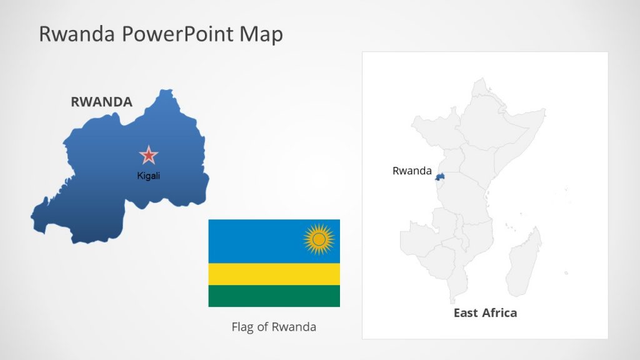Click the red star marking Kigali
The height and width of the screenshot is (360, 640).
(149, 155)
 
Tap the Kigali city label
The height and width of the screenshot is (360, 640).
(149, 176)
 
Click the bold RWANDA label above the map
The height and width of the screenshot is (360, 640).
(102, 102)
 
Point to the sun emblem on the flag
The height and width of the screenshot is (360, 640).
(319, 239)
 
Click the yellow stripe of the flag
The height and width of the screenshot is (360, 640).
(274, 274)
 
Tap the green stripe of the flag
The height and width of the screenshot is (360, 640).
(274, 296)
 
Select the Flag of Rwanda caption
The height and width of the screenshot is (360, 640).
(274, 326)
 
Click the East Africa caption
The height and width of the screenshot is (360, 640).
(485, 312)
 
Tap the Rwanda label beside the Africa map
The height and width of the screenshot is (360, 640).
(412, 171)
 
